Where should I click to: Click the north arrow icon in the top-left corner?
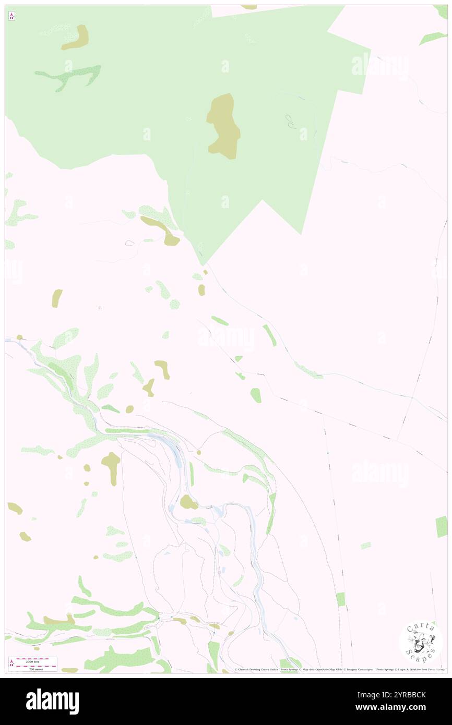(11, 16)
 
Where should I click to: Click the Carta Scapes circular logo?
(421, 642)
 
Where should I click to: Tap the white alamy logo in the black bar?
(52, 700)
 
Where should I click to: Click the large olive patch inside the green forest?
(224, 127)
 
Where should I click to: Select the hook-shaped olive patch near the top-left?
(77, 38)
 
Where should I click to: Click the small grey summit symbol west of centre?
(100, 308)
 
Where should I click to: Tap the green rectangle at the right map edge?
(442, 526)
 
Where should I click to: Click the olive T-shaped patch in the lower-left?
(111, 466)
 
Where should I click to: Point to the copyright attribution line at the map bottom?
(339, 669)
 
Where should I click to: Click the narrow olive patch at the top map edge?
(249, 7)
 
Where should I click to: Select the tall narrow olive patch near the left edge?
(57, 298)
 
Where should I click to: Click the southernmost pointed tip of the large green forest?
(203, 264)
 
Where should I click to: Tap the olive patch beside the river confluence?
(188, 503)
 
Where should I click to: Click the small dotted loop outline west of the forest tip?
(130, 243)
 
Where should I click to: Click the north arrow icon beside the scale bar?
(11, 663)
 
